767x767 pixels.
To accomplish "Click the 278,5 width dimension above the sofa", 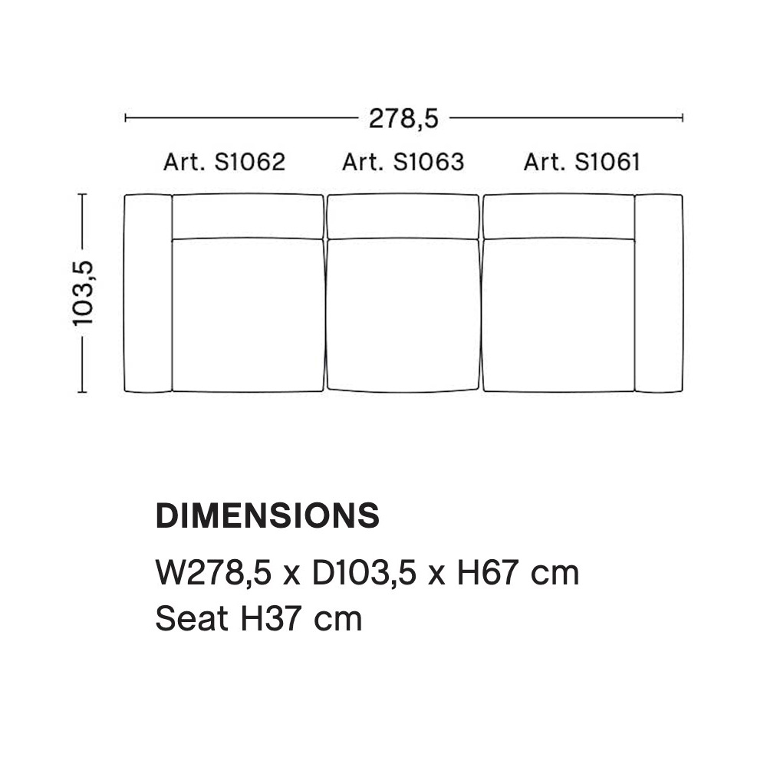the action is click(x=403, y=119).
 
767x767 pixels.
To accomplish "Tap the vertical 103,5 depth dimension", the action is click(x=83, y=293).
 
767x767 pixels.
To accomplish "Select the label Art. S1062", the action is click(x=224, y=162).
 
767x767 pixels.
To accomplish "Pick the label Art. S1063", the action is click(x=403, y=162).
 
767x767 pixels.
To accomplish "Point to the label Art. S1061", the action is click(x=581, y=162).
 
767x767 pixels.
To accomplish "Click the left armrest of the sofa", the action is click(x=148, y=293).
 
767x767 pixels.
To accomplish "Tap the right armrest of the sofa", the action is click(x=658, y=293).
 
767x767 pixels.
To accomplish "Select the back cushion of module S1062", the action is click(x=248, y=216).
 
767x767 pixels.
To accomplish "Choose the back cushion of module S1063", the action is click(x=403, y=217).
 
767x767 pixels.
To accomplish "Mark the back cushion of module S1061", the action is click(x=558, y=216).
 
